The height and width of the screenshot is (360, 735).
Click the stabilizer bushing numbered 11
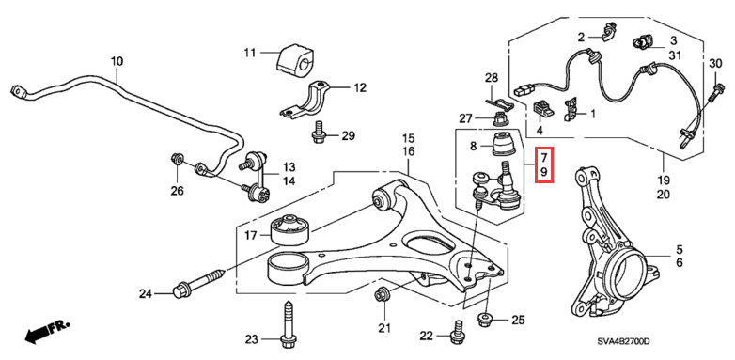coord(294,60)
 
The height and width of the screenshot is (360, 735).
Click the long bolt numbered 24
coord(199,281)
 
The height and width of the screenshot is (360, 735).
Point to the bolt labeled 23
coord(288,326)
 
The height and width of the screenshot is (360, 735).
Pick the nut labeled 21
coord(381,295)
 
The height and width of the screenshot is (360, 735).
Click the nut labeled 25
coord(484,321)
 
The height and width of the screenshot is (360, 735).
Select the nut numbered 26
coord(178,158)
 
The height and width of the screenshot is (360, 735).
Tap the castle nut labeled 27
coord(499,119)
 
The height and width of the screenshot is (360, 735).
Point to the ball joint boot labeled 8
coord(505,144)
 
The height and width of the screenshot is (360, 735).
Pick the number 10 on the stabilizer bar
coord(117,61)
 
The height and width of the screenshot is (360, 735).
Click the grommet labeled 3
coord(641,42)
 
